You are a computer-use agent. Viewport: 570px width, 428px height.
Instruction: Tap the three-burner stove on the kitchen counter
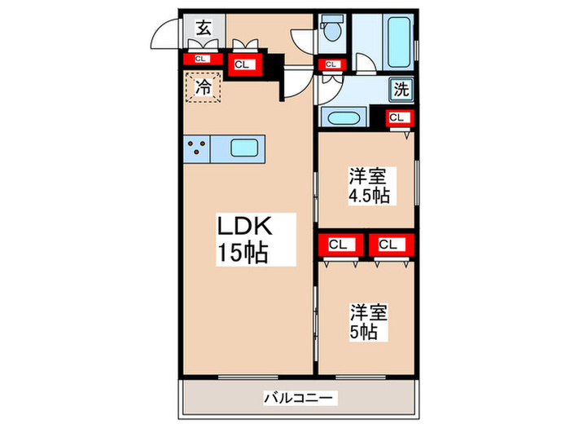point(197,148)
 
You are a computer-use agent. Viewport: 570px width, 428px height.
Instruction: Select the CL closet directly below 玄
point(200,58)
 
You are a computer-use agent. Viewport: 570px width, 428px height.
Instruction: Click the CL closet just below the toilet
point(331,64)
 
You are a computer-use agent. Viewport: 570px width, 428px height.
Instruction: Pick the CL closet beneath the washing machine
point(396,117)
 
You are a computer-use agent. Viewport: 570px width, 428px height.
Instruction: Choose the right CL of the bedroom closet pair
point(388,244)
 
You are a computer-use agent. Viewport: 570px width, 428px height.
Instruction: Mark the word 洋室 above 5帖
point(370,312)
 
